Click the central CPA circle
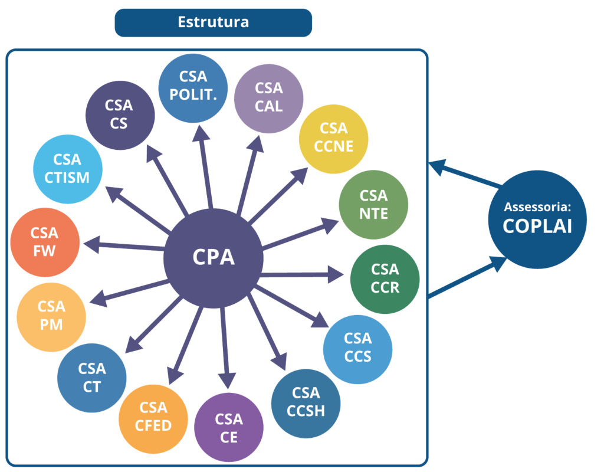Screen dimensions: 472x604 click(x=214, y=258)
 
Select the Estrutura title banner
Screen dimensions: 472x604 click(x=213, y=22)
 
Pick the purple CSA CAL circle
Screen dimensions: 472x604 click(x=268, y=98)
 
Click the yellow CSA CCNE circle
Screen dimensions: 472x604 click(x=333, y=138)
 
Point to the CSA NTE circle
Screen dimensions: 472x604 click(x=373, y=204)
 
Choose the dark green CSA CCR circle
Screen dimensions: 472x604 click(x=385, y=278)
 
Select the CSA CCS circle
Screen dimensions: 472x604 click(x=357, y=348)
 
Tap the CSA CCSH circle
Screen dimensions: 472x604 click(x=306, y=402)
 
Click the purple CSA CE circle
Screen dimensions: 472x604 click(x=228, y=428)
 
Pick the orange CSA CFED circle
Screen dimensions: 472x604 click(x=153, y=417)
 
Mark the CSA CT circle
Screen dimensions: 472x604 click(x=91, y=378)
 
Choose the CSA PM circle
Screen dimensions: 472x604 click(x=51, y=316)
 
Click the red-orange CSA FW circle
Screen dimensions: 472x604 click(x=45, y=242)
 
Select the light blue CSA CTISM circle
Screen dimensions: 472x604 click(x=67, y=169)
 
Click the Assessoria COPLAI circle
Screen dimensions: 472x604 click(x=537, y=219)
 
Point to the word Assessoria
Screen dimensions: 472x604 click(x=537, y=208)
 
